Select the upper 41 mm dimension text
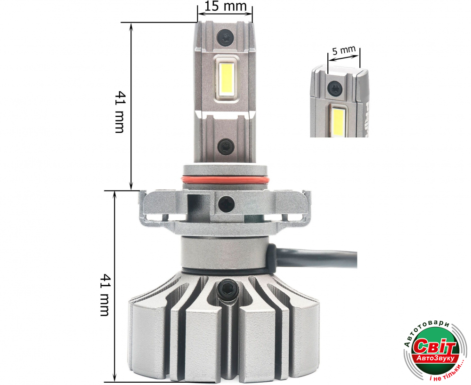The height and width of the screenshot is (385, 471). click(120, 112)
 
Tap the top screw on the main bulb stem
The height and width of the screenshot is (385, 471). click(225, 38)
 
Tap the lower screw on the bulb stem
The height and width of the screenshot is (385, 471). click(226, 146)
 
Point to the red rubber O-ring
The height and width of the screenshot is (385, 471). click(226, 180)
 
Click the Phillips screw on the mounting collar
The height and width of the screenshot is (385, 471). click(227, 204)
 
